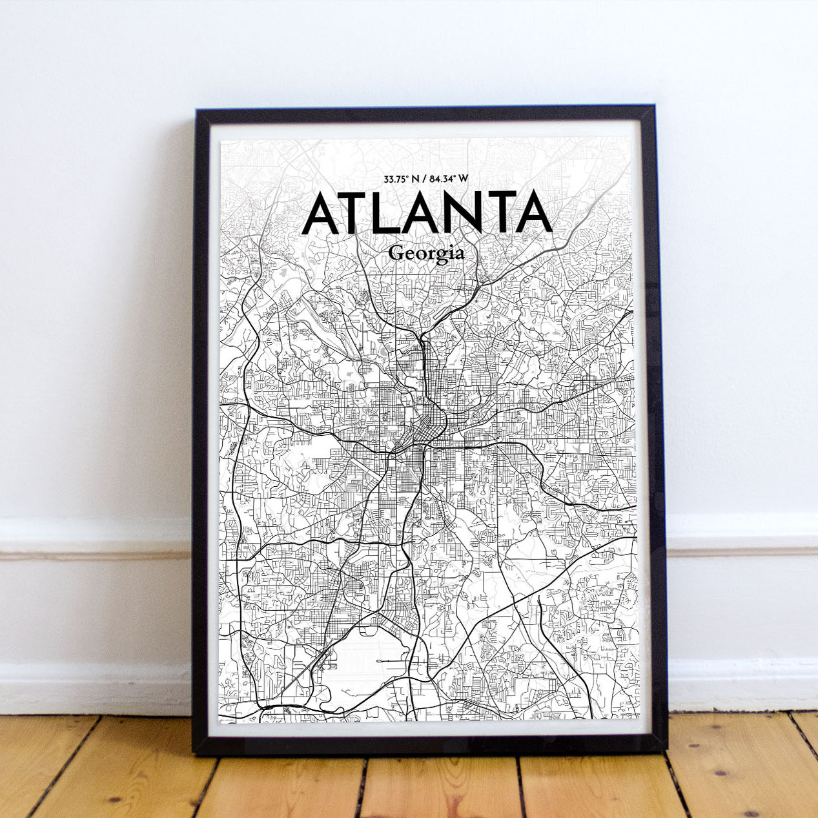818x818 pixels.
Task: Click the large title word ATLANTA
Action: pyautogui.click(x=427, y=212)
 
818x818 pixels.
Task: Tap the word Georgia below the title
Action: pyautogui.click(x=426, y=253)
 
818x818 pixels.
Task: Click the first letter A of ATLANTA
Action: pyautogui.click(x=321, y=212)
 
